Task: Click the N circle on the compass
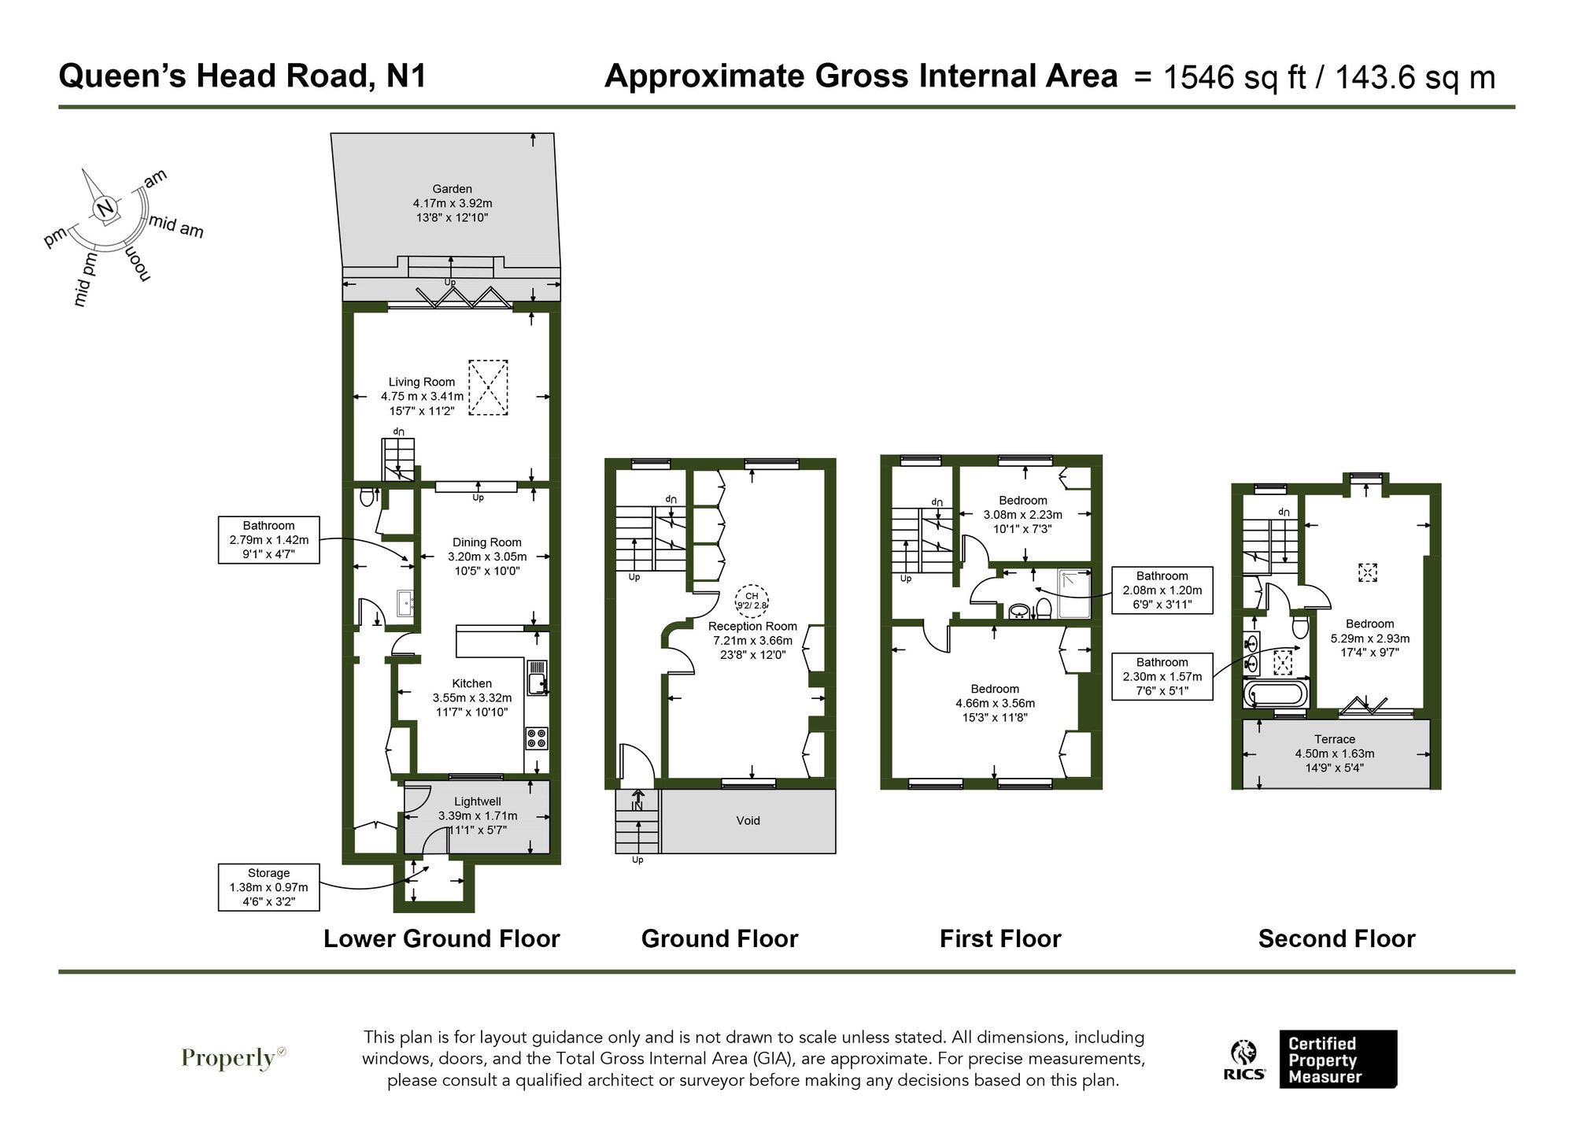click(x=105, y=209)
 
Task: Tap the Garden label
click(x=452, y=189)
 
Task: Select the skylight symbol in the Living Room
click(x=488, y=387)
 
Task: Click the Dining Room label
click(x=486, y=542)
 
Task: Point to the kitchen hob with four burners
click(x=538, y=738)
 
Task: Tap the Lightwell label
click(x=477, y=801)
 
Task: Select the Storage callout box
click(x=268, y=887)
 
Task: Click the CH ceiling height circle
click(x=751, y=601)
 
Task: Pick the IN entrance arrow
click(x=637, y=801)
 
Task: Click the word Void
click(x=748, y=820)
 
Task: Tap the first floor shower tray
click(x=1074, y=594)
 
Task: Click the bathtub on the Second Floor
click(x=1275, y=695)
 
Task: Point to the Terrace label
click(x=1334, y=739)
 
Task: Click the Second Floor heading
click(x=1336, y=938)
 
